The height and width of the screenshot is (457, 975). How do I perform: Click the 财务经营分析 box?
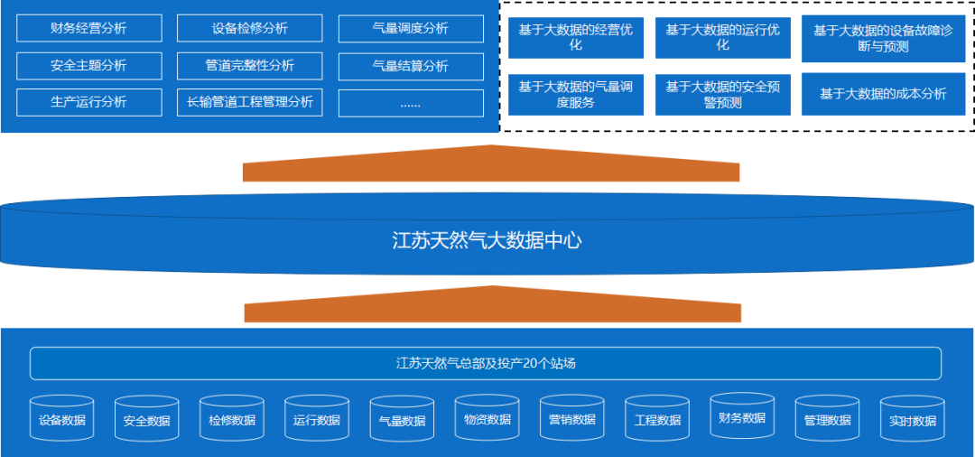(x=88, y=28)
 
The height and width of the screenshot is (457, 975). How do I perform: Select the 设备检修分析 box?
(x=249, y=28)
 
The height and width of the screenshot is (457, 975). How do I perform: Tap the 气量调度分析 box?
(x=410, y=28)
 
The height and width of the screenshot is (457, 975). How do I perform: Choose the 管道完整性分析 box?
(x=249, y=66)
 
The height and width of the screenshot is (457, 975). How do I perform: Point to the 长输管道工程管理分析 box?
(x=249, y=102)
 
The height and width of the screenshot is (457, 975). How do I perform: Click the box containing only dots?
(x=410, y=103)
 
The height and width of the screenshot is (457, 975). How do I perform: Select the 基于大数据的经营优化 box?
(x=576, y=37)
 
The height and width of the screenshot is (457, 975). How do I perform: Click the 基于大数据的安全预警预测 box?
(x=721, y=94)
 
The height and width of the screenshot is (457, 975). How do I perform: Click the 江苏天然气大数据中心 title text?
(x=487, y=240)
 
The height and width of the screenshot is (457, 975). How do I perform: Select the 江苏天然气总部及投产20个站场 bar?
(x=486, y=363)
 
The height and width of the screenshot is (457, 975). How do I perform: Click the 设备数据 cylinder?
(x=62, y=419)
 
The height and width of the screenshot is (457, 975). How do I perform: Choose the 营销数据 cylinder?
(x=571, y=419)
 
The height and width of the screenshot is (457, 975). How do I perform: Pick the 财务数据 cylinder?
(x=742, y=417)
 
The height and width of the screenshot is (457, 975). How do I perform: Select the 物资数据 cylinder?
(x=487, y=419)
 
